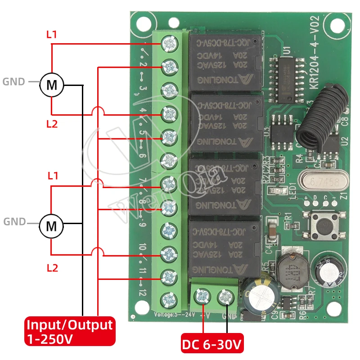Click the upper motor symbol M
point(52,85)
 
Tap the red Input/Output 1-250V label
point(69,331)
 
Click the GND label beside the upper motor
point(14,82)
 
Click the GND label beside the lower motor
point(14,222)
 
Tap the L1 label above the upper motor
point(52,34)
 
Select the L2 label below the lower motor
point(53,268)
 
